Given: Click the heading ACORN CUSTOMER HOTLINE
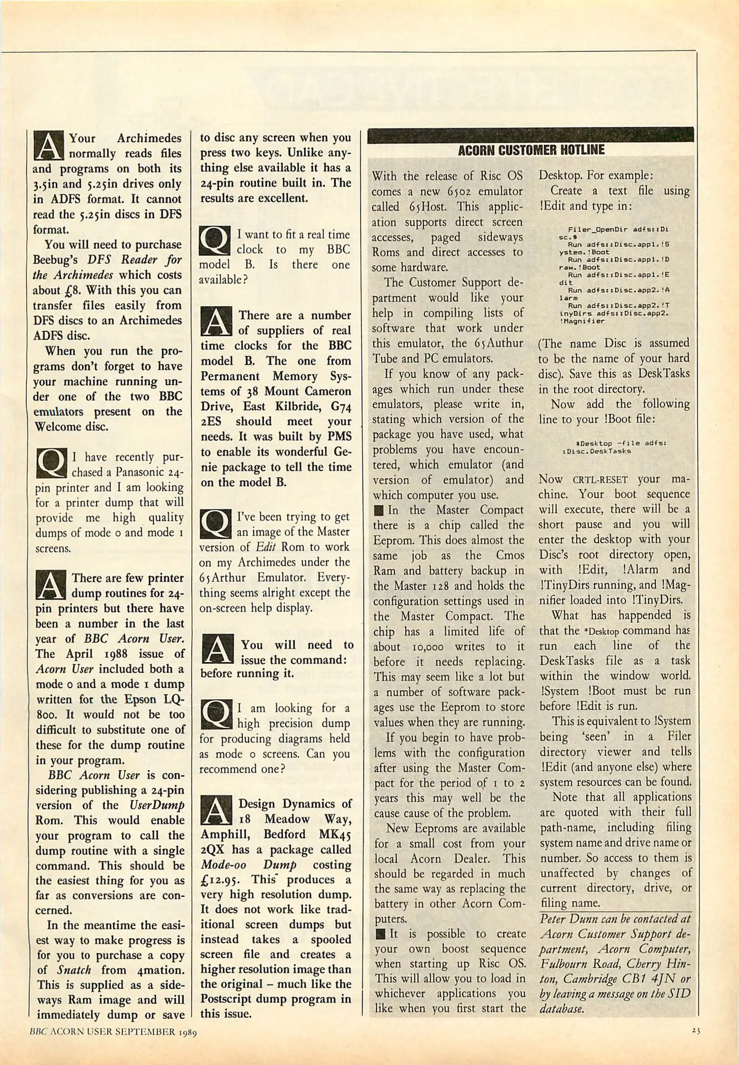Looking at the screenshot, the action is (531, 150).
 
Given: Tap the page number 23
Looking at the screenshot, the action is (696, 1029).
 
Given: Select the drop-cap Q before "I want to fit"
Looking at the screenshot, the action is (215, 241).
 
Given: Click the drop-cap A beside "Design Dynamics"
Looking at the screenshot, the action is (216, 811).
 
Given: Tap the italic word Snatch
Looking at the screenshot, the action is (73, 970).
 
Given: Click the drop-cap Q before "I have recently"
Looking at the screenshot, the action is (51, 463).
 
